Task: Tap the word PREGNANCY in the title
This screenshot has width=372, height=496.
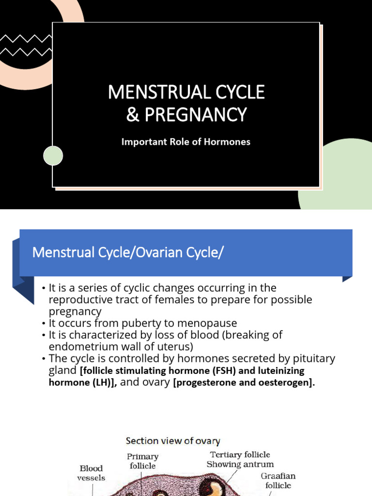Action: point(194,115)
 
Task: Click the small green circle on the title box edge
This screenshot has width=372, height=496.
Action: point(53,155)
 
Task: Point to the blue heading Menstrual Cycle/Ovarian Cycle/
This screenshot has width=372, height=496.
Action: point(128,253)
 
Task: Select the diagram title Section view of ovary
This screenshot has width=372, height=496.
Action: point(173,441)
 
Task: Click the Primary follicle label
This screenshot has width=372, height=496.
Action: point(142,461)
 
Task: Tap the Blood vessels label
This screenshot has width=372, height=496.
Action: point(92,473)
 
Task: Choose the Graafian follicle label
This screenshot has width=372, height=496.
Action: point(278,480)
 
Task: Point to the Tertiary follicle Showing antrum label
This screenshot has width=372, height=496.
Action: point(240,459)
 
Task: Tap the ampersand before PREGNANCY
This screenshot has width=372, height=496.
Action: point(133,115)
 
